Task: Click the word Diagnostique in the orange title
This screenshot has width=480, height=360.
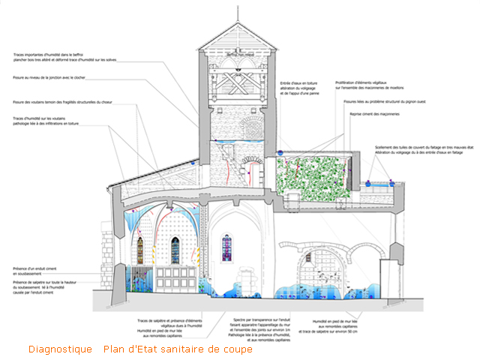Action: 60,349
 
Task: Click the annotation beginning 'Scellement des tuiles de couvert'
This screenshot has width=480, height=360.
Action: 424,151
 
